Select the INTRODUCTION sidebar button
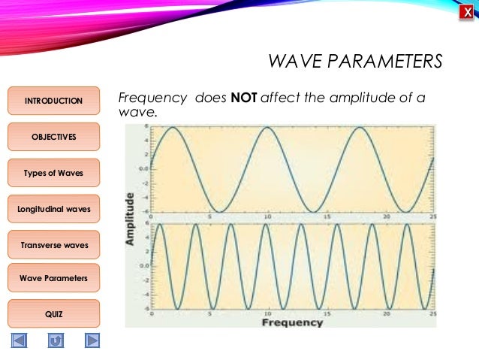tap(53, 101)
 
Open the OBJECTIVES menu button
tap(53, 137)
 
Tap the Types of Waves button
tap(53, 173)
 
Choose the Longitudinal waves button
tap(53, 208)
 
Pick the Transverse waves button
tap(53, 245)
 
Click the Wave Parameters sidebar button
tap(53, 278)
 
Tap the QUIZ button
tap(53, 313)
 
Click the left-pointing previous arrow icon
tap(19, 340)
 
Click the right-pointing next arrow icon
tap(92, 340)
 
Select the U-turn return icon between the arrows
tap(55, 340)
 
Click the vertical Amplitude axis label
tap(131, 219)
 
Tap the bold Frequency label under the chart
tap(291, 322)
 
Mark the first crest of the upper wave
tap(173, 128)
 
